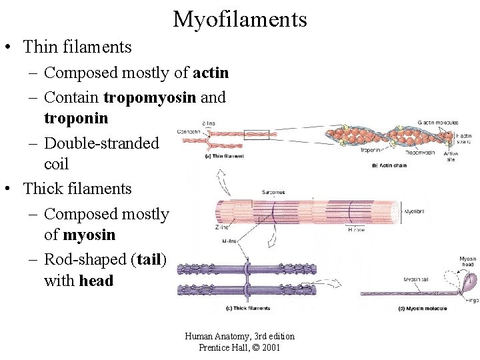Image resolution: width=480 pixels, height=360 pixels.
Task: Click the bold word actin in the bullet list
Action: [x=211, y=72]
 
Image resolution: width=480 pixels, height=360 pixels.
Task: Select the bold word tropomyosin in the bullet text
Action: [x=150, y=97]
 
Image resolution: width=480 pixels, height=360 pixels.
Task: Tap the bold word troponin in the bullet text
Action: [x=75, y=118]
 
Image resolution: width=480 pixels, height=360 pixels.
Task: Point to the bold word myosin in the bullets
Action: [x=89, y=235]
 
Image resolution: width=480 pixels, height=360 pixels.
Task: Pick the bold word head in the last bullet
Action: [x=96, y=281]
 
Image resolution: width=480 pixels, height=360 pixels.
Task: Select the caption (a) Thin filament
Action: [x=225, y=156]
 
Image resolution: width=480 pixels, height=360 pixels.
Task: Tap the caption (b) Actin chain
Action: [x=390, y=165]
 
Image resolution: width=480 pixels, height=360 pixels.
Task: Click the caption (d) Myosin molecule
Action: [x=404, y=308]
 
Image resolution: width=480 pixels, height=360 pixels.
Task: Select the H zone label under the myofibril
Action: [x=356, y=229]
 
